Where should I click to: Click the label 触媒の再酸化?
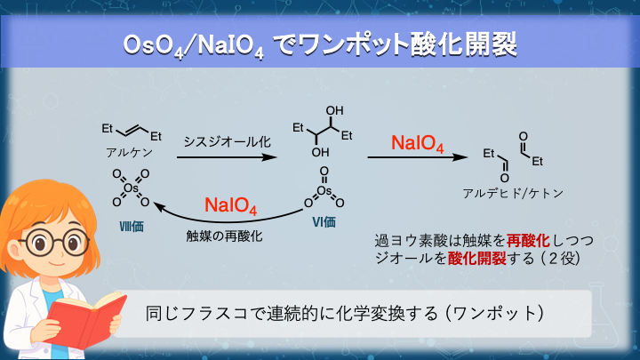click(225, 236)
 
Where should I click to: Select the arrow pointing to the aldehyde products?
click(418, 157)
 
